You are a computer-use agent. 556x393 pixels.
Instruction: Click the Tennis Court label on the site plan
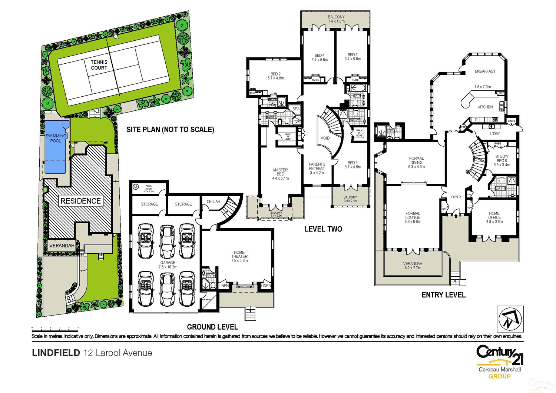(x=99, y=65)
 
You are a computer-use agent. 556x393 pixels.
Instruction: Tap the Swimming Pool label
(x=56, y=138)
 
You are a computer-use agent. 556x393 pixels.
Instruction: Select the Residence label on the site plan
(x=80, y=201)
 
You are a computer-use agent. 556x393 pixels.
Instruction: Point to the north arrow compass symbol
(x=510, y=319)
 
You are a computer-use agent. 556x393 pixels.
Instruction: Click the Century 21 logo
(x=499, y=356)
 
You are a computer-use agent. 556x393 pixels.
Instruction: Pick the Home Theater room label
(x=239, y=256)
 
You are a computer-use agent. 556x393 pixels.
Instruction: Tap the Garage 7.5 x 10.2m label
(x=168, y=264)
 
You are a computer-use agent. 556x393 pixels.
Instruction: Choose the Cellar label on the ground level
(x=213, y=202)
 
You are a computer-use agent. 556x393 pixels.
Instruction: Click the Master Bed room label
(x=280, y=174)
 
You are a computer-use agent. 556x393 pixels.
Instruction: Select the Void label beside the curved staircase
(x=325, y=138)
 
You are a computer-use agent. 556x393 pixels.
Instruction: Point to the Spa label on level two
(x=296, y=109)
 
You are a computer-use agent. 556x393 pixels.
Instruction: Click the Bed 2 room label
(x=275, y=76)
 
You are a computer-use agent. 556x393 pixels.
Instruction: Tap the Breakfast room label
(x=485, y=71)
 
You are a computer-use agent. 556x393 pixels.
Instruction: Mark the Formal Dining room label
(x=416, y=162)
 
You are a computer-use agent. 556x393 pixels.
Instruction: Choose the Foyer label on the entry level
(x=456, y=197)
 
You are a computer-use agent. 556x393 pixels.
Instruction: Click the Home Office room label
(x=494, y=217)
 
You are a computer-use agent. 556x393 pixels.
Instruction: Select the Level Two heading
(x=323, y=229)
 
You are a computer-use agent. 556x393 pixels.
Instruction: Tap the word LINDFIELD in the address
(x=56, y=353)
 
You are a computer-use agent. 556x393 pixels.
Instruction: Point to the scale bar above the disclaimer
(x=55, y=329)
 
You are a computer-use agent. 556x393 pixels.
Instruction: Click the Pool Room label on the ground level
(x=149, y=189)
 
